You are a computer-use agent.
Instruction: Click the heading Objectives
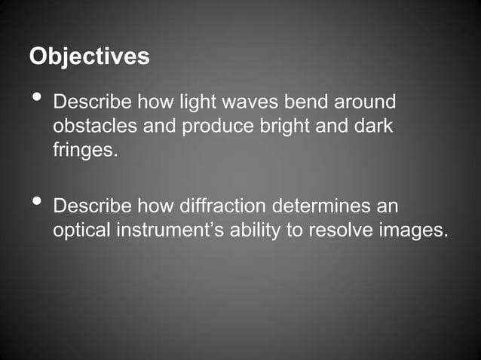pos(89,57)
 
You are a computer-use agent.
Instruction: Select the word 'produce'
pos(213,126)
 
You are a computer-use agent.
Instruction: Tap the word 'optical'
pos(81,230)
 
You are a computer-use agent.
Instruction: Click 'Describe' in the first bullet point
pos(92,102)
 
